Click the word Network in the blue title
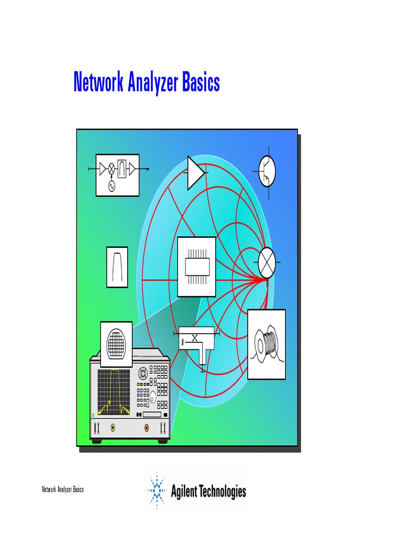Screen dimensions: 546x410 (97, 83)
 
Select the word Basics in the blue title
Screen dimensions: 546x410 (201, 83)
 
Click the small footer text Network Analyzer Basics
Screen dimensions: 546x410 (62, 489)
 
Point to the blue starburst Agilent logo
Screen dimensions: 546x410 (157, 488)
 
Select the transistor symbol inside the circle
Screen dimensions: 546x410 (267, 171)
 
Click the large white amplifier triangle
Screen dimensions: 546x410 (195, 172)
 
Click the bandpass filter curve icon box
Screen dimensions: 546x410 (117, 267)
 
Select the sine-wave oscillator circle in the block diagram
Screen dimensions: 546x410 (112, 186)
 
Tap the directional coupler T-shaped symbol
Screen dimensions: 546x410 (197, 342)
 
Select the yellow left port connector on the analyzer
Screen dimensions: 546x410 (113, 428)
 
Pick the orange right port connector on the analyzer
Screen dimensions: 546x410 (147, 428)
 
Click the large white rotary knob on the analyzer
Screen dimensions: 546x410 (153, 397)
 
